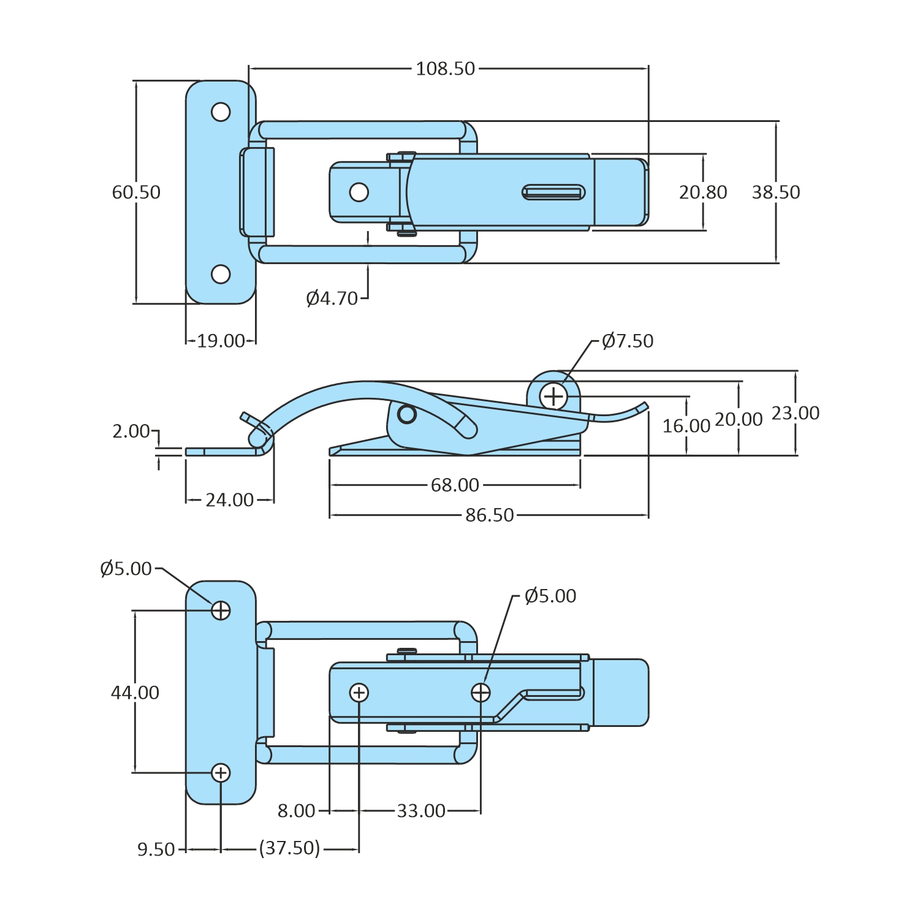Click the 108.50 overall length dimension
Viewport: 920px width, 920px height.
tap(446, 69)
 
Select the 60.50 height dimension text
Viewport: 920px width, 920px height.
tap(136, 192)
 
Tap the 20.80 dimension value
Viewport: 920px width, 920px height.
tap(703, 192)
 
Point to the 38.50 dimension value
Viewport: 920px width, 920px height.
tap(776, 192)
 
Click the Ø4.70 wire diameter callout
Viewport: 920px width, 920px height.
tap(332, 298)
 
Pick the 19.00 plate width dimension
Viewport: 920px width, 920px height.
tap(221, 341)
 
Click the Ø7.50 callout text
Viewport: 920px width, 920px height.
tap(628, 341)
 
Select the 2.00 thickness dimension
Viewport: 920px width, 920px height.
tap(131, 431)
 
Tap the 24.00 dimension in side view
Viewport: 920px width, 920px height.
tap(230, 500)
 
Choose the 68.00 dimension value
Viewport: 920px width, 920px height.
tap(455, 485)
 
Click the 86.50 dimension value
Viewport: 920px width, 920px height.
tap(490, 515)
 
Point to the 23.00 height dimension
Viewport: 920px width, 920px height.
tap(796, 413)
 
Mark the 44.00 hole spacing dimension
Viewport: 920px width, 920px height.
tap(135, 693)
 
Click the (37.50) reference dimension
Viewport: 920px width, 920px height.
tap(289, 848)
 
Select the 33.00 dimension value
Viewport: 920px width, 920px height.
tap(421, 811)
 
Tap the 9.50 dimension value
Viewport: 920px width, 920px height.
tap(156, 850)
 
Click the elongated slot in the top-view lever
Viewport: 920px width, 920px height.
tap(553, 192)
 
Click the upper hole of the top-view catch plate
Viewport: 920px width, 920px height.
tap(221, 112)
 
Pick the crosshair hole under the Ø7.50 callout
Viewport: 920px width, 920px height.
tap(553, 397)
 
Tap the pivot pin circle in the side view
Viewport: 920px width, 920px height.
tap(407, 414)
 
